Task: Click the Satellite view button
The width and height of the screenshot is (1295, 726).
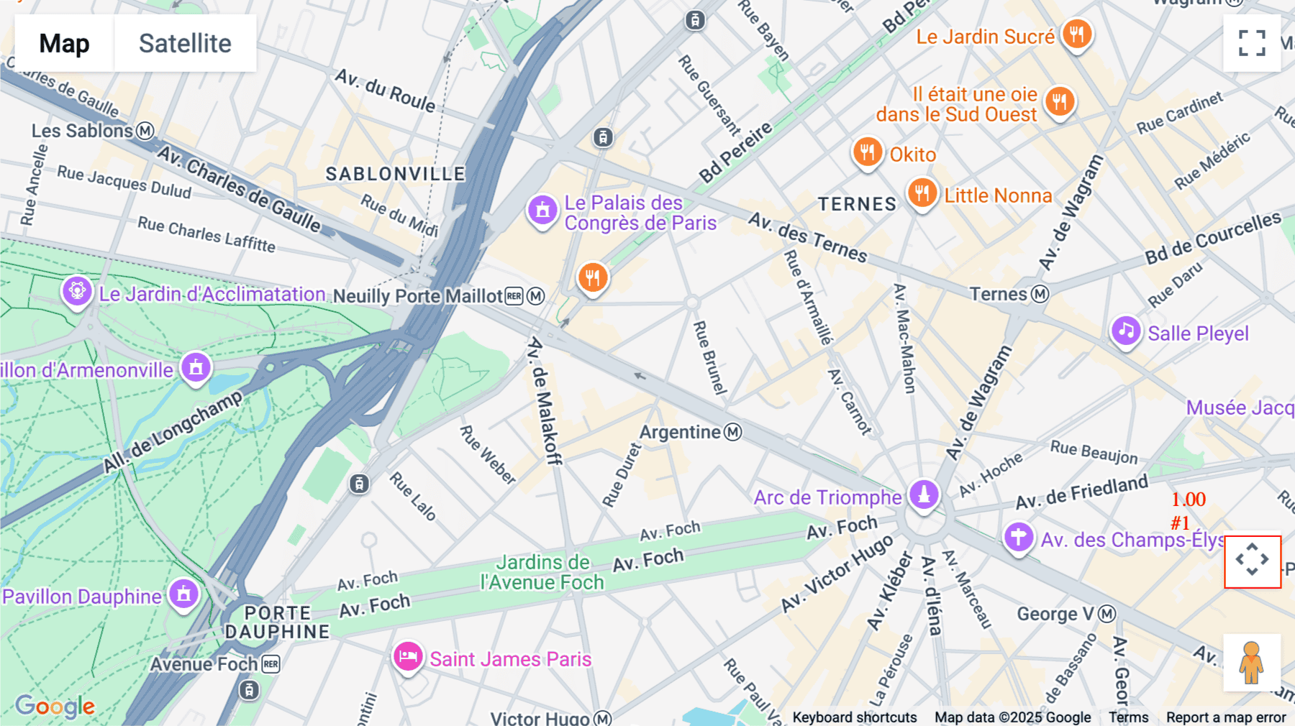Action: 185,43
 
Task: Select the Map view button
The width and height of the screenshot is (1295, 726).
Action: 64,43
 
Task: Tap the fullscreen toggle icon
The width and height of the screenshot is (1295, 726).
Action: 1252,43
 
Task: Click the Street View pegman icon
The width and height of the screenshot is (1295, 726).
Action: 1251,662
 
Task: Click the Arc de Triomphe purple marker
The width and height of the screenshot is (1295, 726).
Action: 924,495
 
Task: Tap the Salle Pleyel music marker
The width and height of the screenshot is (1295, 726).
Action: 1125,331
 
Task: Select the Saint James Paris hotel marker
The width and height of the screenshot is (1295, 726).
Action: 407,657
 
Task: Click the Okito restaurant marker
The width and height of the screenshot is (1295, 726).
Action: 867,152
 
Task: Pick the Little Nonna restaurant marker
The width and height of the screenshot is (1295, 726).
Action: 922,193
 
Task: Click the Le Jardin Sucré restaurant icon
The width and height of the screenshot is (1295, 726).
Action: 1076,34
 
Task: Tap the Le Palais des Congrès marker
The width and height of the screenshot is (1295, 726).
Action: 542,211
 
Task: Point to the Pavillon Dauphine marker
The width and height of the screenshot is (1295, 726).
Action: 183,594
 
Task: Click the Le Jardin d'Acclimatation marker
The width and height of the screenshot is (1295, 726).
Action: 77,292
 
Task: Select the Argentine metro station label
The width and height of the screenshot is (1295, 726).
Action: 680,432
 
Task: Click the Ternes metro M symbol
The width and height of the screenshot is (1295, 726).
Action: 1040,294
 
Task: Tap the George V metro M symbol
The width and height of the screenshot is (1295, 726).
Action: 1107,614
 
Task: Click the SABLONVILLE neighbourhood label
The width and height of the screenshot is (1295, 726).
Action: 395,174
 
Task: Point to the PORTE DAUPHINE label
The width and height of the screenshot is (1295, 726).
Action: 277,622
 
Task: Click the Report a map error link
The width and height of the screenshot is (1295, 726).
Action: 1226,717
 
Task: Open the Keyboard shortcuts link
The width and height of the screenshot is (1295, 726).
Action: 854,717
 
